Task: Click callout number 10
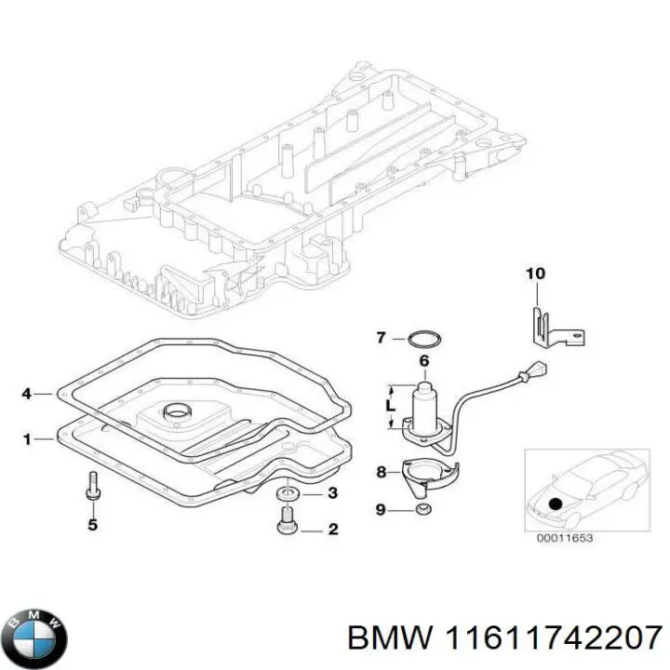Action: click(x=534, y=274)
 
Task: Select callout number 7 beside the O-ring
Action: click(x=381, y=337)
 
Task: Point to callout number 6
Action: click(x=423, y=361)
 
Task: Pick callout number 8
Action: click(x=381, y=472)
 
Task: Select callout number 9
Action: click(x=381, y=509)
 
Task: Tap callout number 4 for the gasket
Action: click(x=26, y=395)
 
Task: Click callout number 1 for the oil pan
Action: click(x=26, y=438)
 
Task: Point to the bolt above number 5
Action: click(x=91, y=486)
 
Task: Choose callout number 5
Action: click(x=91, y=526)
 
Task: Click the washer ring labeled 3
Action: click(x=288, y=491)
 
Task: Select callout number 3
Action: click(x=332, y=492)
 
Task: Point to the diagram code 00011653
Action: click(x=566, y=538)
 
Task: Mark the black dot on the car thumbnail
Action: click(x=556, y=503)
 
